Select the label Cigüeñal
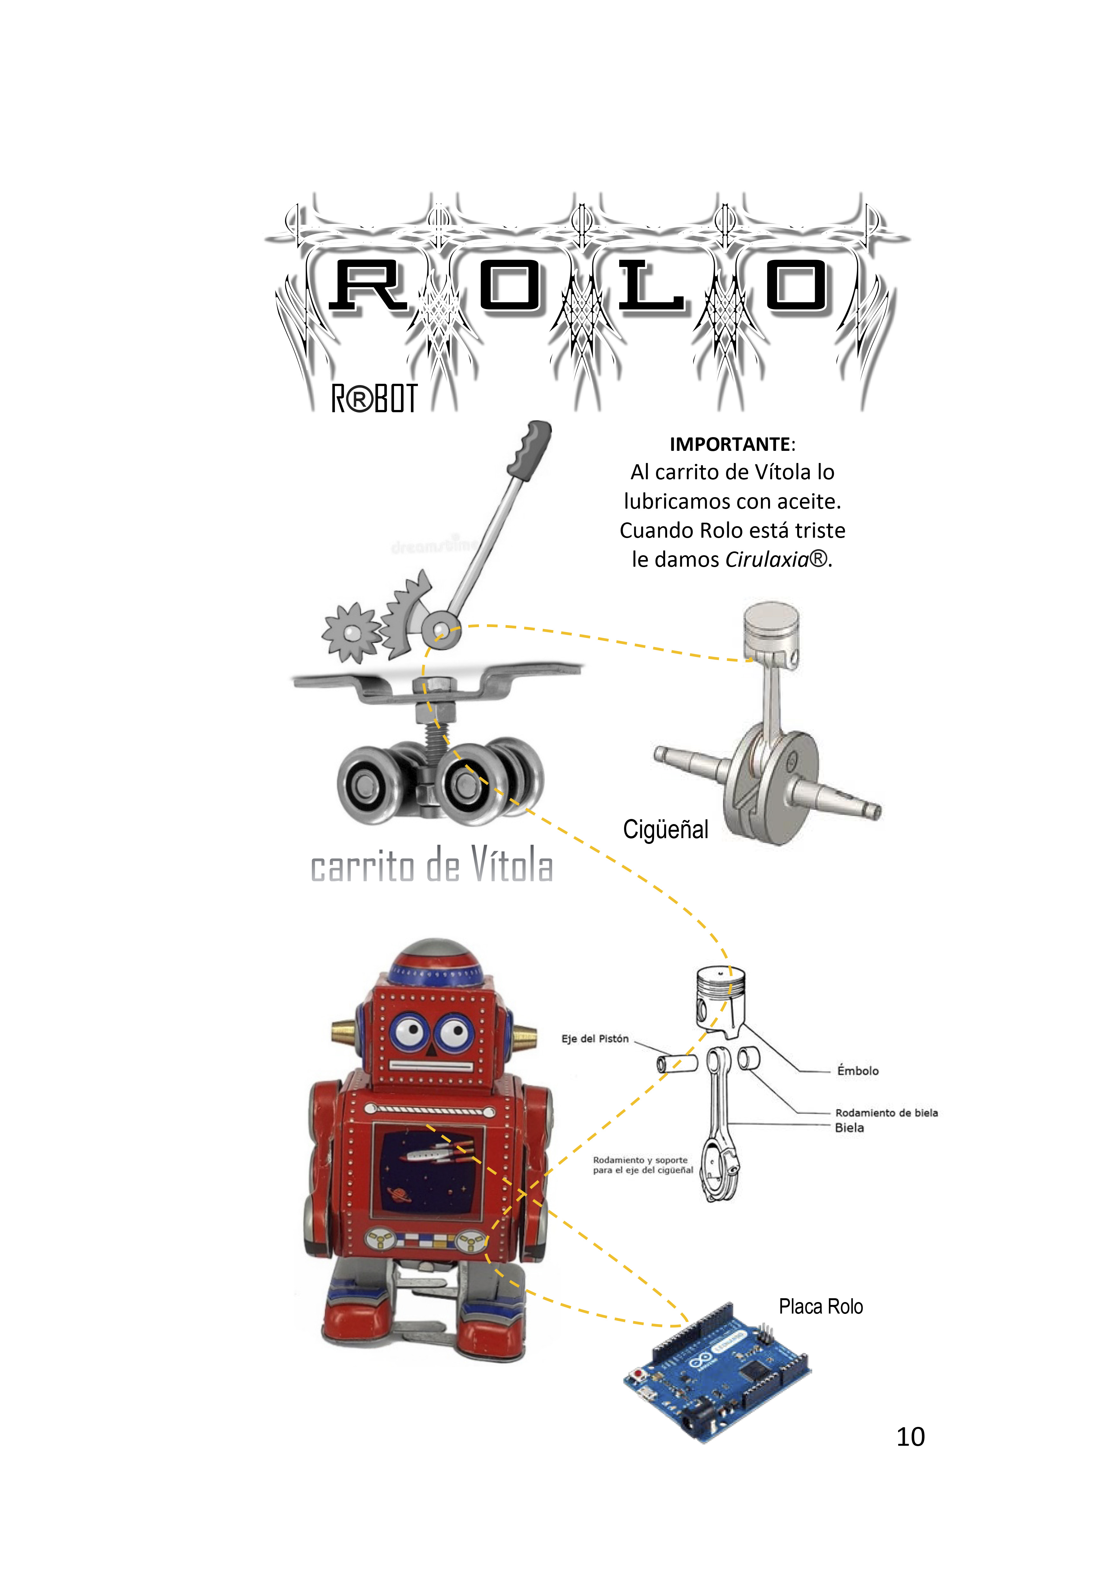666,829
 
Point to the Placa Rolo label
821,1307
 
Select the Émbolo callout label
858,1071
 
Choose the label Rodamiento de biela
886,1113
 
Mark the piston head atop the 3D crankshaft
771,633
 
